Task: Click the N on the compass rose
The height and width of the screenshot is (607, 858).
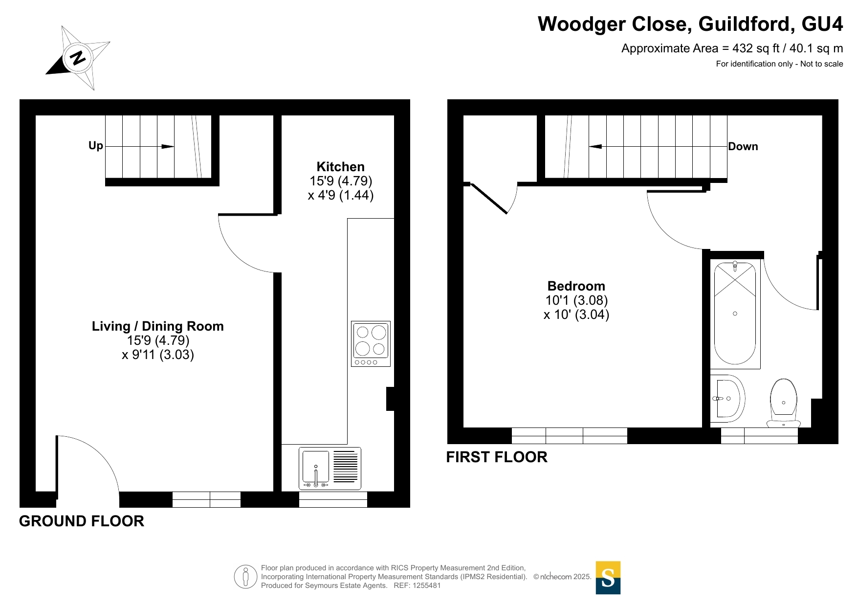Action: click(x=78, y=58)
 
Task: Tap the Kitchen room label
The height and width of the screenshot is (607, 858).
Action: click(x=341, y=167)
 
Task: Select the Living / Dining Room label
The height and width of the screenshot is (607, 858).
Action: click(x=158, y=326)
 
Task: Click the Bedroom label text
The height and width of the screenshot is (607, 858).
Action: click(x=576, y=286)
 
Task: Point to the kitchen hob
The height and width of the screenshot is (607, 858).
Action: click(x=371, y=344)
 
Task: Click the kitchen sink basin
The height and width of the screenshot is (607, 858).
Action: click(x=316, y=468)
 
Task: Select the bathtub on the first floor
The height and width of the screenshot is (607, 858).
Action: click(x=735, y=313)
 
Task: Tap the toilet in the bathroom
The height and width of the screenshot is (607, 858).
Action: click(x=783, y=403)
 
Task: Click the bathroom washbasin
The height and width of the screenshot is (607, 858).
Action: click(x=727, y=399)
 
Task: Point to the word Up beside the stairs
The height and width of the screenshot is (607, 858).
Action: click(x=96, y=146)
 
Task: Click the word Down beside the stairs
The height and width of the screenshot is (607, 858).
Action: click(x=743, y=147)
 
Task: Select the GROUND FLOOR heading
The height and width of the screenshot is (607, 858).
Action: click(x=82, y=521)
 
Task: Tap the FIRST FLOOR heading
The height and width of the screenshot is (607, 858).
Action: click(x=497, y=457)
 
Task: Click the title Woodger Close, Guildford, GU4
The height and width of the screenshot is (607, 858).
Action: click(x=690, y=24)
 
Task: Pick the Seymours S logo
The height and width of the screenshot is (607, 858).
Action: click(x=608, y=578)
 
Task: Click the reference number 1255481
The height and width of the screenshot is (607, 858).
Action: click(x=427, y=585)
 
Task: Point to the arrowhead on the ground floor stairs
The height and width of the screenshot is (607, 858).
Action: click(x=168, y=146)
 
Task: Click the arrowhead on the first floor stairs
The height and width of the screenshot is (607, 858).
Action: click(x=595, y=146)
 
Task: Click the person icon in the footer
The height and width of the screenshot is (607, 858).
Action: click(x=245, y=577)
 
